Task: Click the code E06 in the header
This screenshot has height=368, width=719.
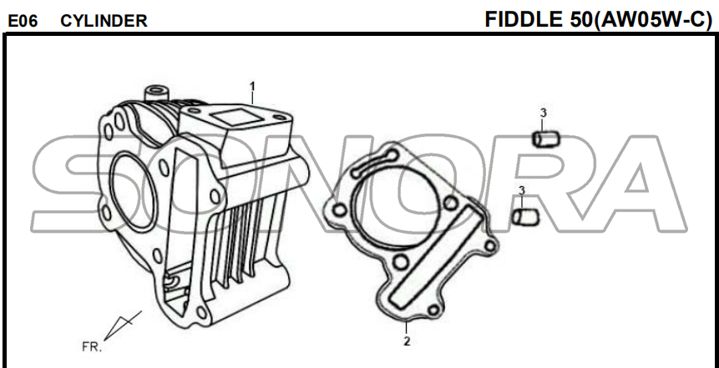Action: (x=23, y=21)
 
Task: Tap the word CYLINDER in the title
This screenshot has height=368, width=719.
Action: (x=104, y=21)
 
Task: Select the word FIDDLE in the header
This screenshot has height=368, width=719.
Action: (x=523, y=19)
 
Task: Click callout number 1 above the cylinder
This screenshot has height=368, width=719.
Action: (x=251, y=86)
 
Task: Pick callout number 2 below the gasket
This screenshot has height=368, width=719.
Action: (x=407, y=341)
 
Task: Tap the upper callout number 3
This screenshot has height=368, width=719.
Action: (x=544, y=113)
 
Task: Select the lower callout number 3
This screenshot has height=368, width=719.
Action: (x=521, y=190)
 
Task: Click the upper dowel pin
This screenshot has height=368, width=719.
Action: (x=545, y=139)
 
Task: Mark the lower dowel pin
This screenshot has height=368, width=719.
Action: (x=525, y=217)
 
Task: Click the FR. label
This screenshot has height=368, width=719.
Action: (x=92, y=347)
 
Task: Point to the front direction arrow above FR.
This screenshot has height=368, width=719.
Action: (x=123, y=325)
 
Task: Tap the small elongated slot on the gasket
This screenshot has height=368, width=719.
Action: (x=375, y=164)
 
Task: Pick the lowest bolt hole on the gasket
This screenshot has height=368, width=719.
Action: (x=433, y=310)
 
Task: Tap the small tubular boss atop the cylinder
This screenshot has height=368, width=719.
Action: (x=155, y=94)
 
